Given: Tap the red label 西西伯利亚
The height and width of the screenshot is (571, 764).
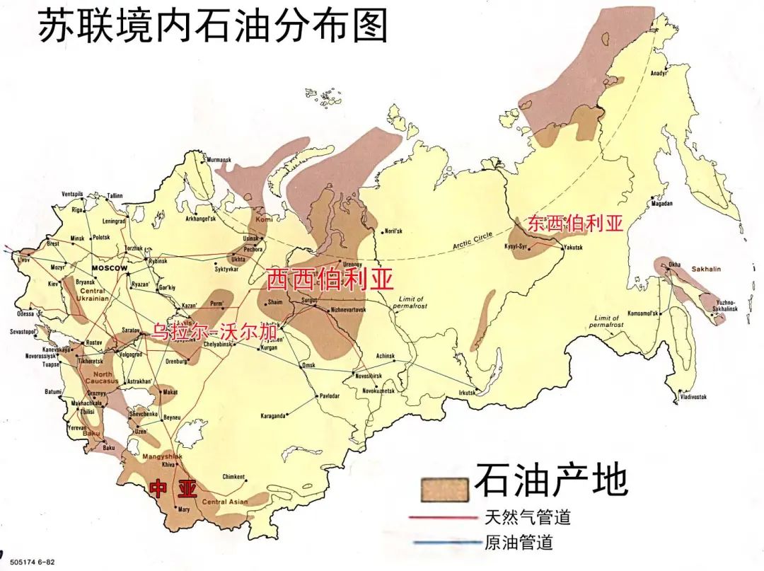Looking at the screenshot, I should (x=328, y=279).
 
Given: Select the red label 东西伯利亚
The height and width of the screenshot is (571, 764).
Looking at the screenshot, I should (x=575, y=224).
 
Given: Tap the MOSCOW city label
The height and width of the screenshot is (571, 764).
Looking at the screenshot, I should (x=109, y=269).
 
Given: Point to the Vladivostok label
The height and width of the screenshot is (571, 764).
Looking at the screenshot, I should (x=693, y=397).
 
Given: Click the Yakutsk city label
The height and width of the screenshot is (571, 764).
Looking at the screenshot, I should (x=574, y=248).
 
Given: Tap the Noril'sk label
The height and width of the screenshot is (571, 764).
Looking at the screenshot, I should (x=393, y=231).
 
